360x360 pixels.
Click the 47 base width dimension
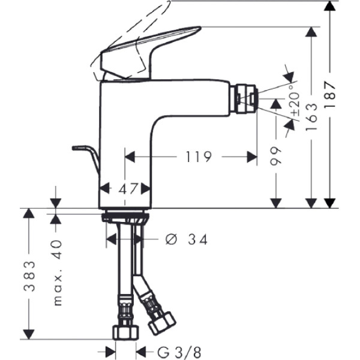[125, 188]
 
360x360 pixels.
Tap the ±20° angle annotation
[295, 104]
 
